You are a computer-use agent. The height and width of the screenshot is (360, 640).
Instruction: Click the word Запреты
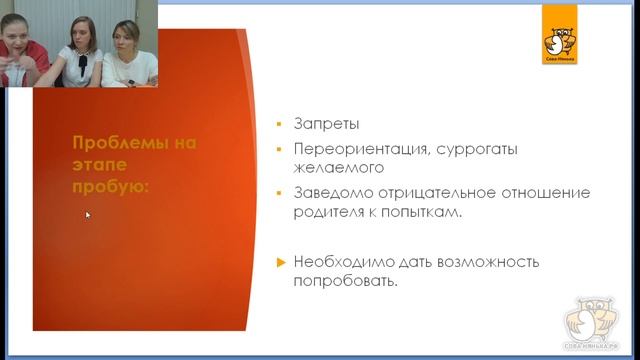[x=326, y=125]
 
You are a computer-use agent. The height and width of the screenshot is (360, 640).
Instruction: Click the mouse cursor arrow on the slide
[x=87, y=214]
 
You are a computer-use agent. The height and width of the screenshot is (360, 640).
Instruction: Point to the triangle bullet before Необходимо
[x=281, y=262]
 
